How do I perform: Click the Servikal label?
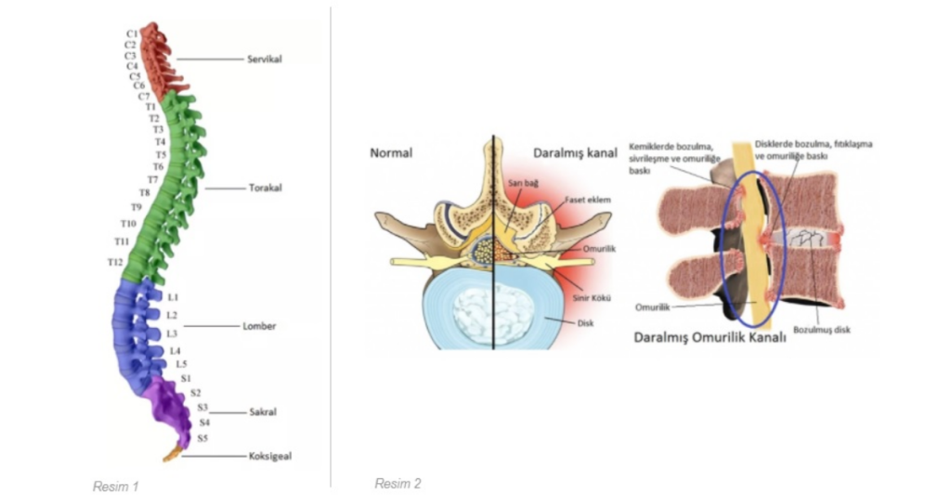[265, 59]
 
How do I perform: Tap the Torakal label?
[265, 188]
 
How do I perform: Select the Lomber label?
[259, 327]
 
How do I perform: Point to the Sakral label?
[263, 411]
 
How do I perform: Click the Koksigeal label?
[270, 456]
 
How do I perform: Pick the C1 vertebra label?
[132, 34]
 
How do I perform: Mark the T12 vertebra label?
[115, 263]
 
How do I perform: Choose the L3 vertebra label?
[172, 333]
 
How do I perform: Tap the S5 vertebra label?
[202, 437]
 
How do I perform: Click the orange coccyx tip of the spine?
[172, 455]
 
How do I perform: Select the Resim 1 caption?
[115, 486]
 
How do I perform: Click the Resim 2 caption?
[397, 483]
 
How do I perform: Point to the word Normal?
[391, 152]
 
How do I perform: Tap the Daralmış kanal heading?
[575, 152]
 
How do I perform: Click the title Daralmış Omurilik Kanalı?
[710, 338]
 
